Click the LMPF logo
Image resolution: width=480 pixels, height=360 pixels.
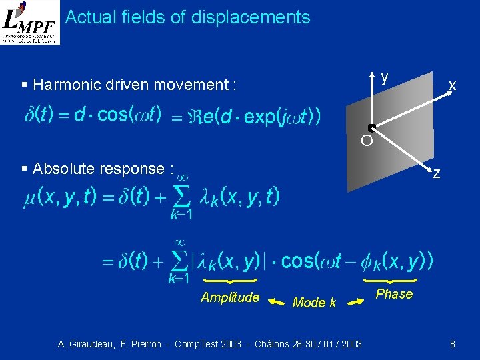click(30, 22)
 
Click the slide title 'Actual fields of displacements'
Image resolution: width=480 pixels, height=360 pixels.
click(188, 17)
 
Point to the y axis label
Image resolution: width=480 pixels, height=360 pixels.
click(385, 77)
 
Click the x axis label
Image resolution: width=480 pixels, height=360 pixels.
click(452, 85)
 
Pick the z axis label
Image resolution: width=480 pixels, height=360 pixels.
click(436, 174)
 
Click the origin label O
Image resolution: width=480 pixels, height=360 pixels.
click(366, 141)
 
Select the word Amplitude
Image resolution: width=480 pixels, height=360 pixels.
click(230, 297)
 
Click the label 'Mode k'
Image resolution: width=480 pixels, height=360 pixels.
click(314, 303)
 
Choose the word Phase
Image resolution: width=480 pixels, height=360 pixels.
click(394, 294)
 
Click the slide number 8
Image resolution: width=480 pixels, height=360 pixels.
click(453, 344)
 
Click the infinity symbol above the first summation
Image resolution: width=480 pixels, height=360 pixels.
click(180, 177)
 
